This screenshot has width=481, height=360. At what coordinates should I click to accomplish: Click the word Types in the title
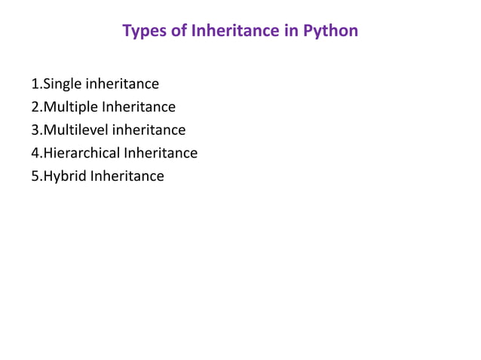pos(143,32)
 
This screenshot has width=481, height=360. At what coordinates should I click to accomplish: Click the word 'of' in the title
pos(179,32)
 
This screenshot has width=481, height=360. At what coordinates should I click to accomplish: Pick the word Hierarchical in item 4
pos(82,154)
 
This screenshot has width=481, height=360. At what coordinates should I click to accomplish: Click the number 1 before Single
pos(35,84)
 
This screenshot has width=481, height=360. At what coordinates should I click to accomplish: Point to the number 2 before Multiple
pos(35,107)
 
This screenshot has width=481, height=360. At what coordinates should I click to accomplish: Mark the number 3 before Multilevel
pos(35,130)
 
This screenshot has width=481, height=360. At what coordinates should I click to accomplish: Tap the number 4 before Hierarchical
pos(35,154)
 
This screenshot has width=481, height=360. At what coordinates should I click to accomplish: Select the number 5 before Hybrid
pos(35,177)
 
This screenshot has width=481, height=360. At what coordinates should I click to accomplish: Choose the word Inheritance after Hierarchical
pos(161,154)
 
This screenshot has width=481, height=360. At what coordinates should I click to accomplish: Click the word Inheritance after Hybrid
pos(127,177)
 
